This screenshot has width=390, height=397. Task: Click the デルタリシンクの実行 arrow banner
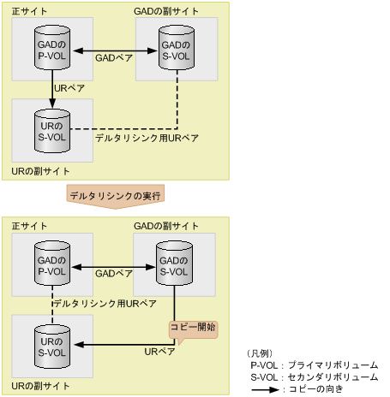point(115,195)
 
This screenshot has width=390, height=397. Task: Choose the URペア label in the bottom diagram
point(159,352)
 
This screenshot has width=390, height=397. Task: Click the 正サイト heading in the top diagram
point(30,9)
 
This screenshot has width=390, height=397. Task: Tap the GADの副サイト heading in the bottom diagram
point(168,226)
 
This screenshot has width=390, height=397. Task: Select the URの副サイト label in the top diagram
point(41,170)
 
